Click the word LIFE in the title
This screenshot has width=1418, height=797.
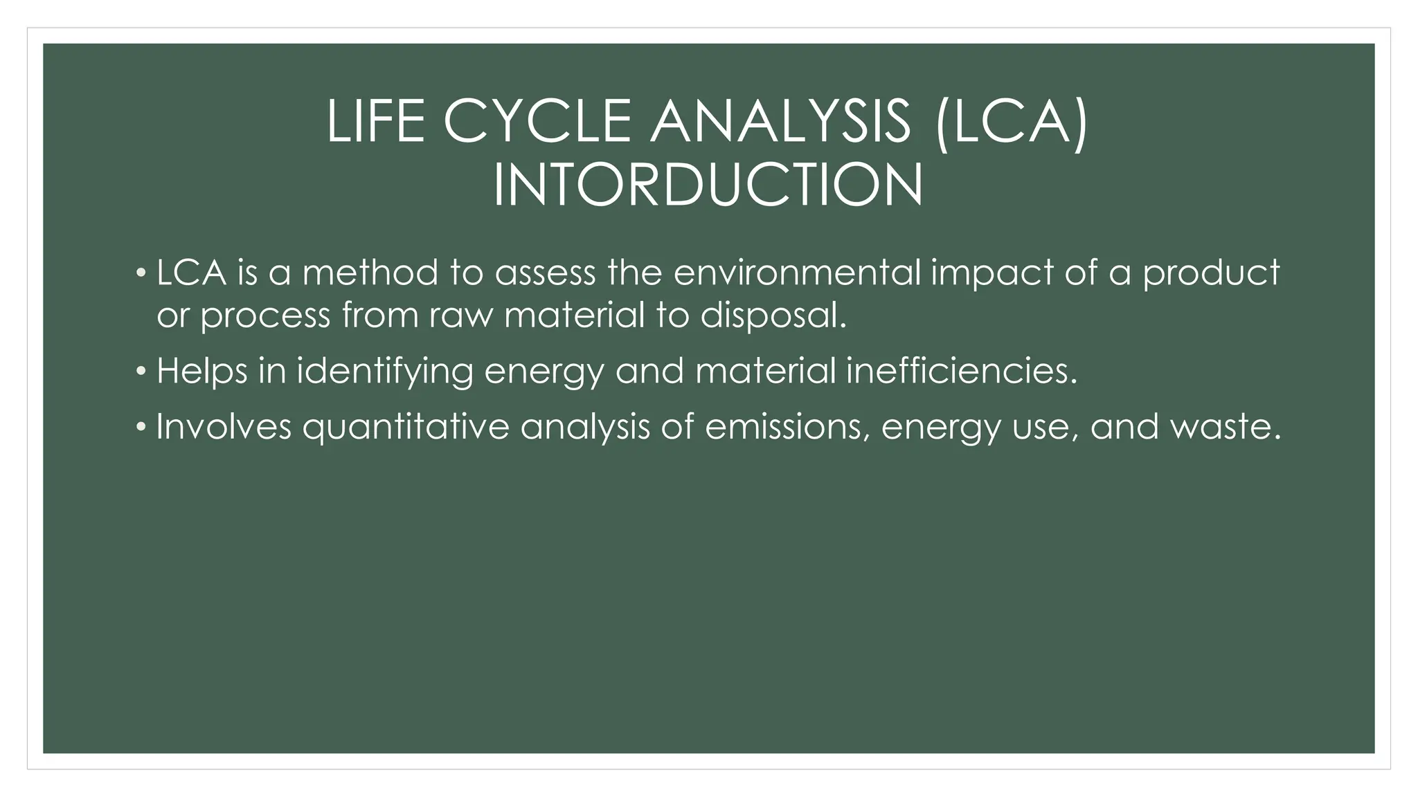(375, 122)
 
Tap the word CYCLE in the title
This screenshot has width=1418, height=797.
(537, 122)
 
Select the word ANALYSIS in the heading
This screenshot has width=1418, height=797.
(780, 122)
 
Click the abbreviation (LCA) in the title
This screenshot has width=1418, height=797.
(1011, 122)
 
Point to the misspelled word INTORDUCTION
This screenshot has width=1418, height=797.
(708, 185)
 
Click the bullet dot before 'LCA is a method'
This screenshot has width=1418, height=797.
(141, 273)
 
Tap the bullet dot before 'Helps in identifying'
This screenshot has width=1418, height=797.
(141, 372)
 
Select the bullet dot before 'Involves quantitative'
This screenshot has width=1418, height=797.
(141, 427)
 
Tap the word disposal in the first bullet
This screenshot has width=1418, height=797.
(773, 315)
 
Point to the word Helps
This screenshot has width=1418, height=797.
(201, 372)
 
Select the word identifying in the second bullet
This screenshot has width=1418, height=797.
(385, 372)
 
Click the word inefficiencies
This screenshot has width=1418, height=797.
(962, 371)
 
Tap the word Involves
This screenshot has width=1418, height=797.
(224, 426)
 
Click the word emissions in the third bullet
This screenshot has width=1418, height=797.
(787, 426)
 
